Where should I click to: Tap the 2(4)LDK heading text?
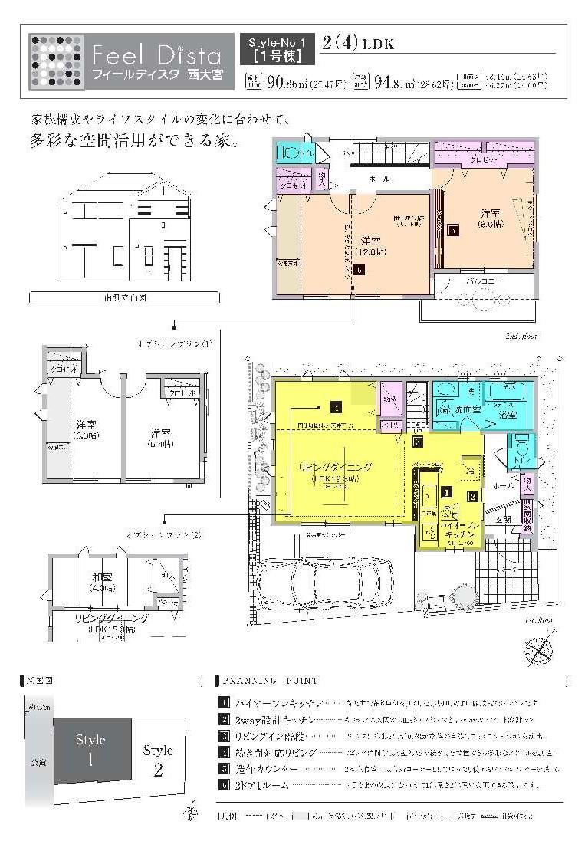(x=358, y=44)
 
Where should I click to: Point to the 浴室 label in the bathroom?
(x=508, y=414)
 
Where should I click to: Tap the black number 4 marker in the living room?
(x=335, y=407)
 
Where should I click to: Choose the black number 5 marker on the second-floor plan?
(x=452, y=229)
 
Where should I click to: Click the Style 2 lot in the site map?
(x=158, y=760)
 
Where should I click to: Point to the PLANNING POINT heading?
(x=270, y=680)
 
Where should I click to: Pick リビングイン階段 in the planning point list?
(x=264, y=735)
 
